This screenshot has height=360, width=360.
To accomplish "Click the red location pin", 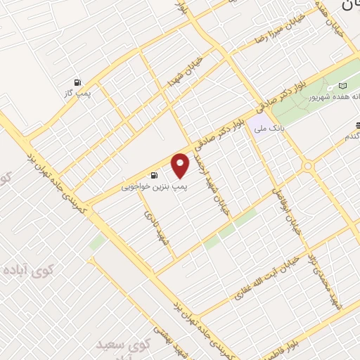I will [x=181, y=165].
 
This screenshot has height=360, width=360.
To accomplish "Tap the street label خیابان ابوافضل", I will [x=292, y=210].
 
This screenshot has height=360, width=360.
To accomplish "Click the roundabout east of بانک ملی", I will [x=307, y=166].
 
